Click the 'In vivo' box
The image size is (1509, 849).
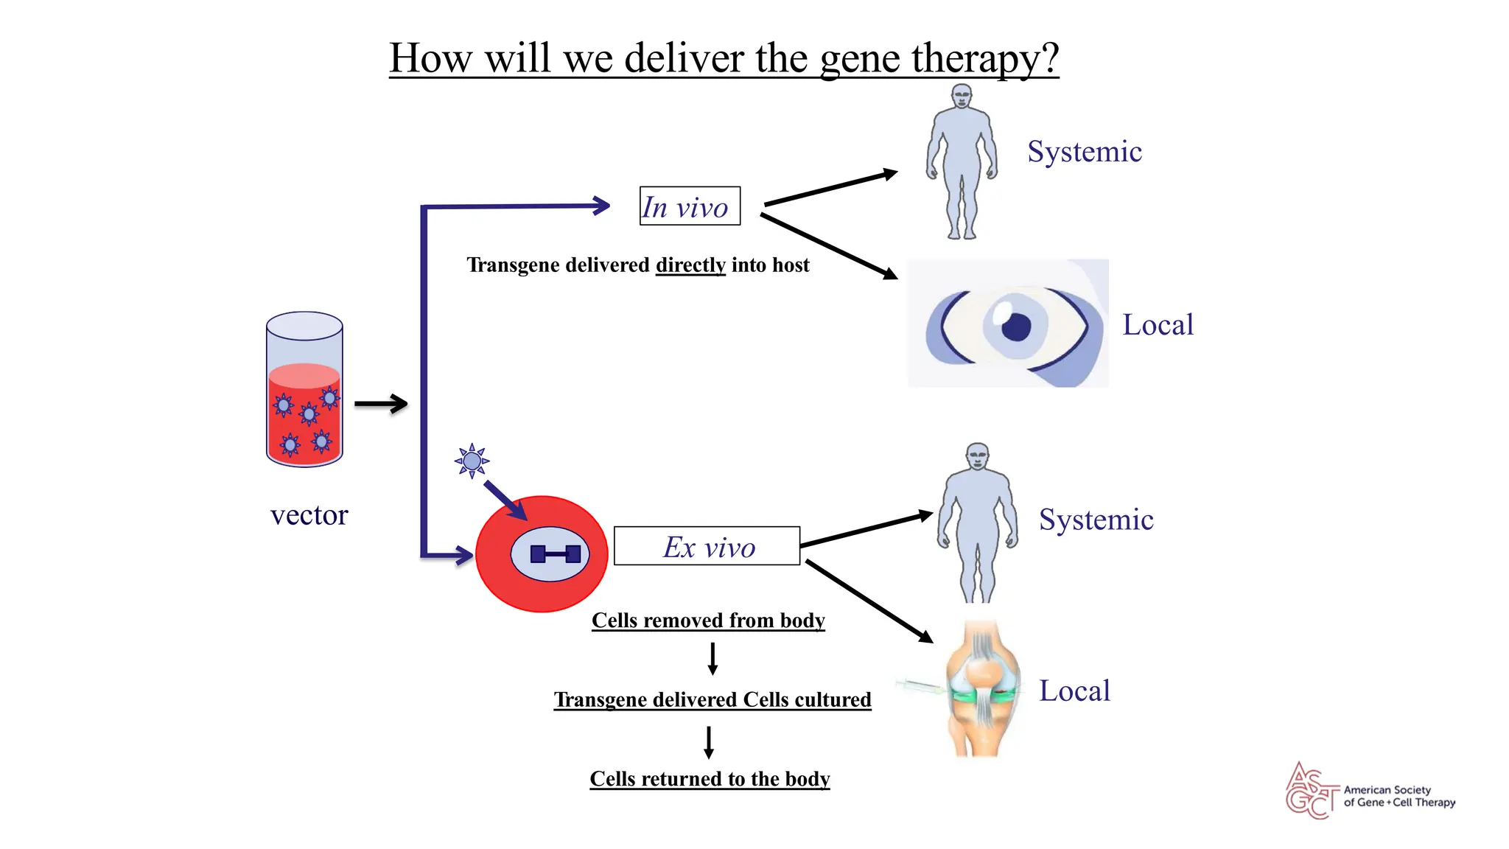(x=690, y=206)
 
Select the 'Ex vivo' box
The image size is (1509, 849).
(x=707, y=547)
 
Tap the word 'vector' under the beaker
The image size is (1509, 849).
(x=309, y=515)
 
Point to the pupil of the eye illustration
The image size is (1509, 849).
(x=1017, y=326)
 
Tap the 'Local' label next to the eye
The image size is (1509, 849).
(x=1158, y=325)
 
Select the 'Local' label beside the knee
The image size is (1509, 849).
(x=1074, y=691)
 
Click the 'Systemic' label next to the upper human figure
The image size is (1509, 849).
(x=1085, y=152)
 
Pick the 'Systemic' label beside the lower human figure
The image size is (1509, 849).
(x=1096, y=520)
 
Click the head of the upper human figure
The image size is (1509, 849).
(x=962, y=96)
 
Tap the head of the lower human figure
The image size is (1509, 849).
(x=978, y=455)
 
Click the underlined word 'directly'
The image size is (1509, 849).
(x=690, y=265)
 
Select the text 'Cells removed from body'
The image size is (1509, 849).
(x=708, y=621)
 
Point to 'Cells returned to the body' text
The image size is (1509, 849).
(x=710, y=779)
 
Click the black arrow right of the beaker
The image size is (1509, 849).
(x=381, y=404)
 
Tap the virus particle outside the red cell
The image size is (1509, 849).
(x=472, y=461)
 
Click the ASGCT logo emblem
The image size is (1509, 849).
(x=1312, y=791)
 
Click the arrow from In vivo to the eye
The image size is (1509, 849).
(x=829, y=246)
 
